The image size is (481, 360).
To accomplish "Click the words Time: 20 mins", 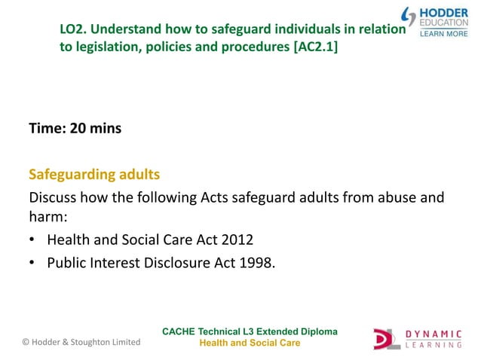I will point(75,129).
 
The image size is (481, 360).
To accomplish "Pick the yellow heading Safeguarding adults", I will point(94,175).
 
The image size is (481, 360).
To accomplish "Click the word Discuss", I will point(54,199).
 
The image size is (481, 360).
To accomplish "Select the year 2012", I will point(238,240).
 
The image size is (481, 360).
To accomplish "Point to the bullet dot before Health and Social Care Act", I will point(34,241).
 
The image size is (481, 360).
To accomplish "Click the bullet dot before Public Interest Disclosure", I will point(34,263).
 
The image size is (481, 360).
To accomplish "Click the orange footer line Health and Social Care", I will point(249,343).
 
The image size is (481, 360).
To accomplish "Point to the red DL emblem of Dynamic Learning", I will point(387,338).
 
